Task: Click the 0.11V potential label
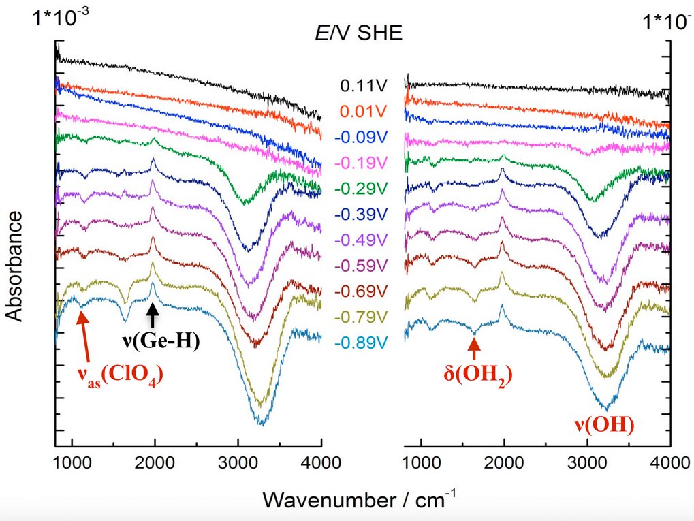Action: (x=362, y=86)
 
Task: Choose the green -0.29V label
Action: (x=361, y=189)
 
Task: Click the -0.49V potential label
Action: (x=361, y=240)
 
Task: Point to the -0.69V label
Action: (x=361, y=291)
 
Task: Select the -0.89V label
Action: (x=361, y=343)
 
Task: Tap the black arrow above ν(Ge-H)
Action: (x=155, y=315)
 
